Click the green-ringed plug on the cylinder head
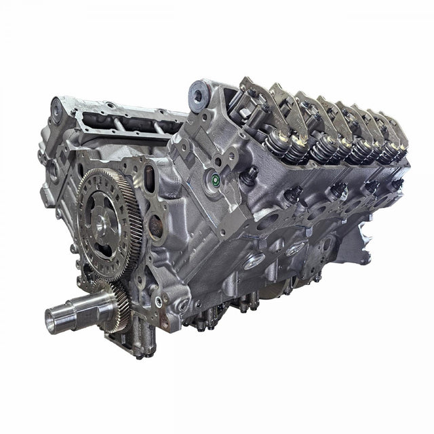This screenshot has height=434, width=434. pyautogui.click(x=214, y=180)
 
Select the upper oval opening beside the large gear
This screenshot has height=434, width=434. pyautogui.click(x=154, y=188)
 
